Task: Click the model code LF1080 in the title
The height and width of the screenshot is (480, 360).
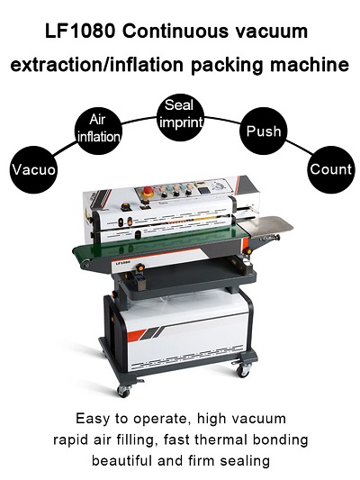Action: [80, 32]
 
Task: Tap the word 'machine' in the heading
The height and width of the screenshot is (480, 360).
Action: [310, 65]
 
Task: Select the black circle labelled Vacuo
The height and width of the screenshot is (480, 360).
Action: [33, 169]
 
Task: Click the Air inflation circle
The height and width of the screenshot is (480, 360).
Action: [98, 130]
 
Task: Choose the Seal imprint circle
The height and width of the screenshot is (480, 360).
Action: [181, 117]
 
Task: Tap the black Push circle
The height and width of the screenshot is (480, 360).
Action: [264, 131]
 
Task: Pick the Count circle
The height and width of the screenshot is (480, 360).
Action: [331, 169]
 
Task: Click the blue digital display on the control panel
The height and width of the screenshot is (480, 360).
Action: [204, 190]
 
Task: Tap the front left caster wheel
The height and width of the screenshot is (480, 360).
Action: [123, 391]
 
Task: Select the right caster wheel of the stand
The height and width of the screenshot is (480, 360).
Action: [243, 370]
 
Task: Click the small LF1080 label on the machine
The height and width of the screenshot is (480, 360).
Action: [122, 262]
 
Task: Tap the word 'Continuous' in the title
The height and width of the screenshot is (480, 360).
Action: [175, 32]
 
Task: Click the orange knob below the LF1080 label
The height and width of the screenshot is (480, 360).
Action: [140, 267]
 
